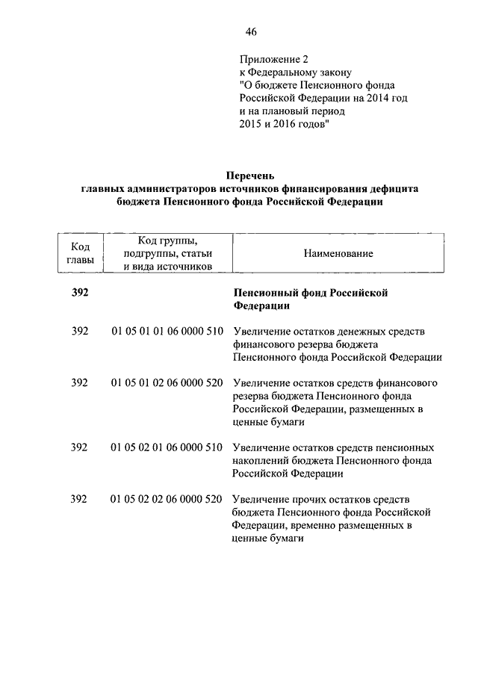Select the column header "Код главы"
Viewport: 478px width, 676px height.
[x=80, y=253]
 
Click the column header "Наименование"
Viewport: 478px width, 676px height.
[x=338, y=254]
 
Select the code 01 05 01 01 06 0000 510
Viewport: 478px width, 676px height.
[x=167, y=331]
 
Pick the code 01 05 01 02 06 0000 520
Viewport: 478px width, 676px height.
[x=167, y=382]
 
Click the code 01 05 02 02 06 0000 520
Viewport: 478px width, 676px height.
[x=167, y=498]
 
